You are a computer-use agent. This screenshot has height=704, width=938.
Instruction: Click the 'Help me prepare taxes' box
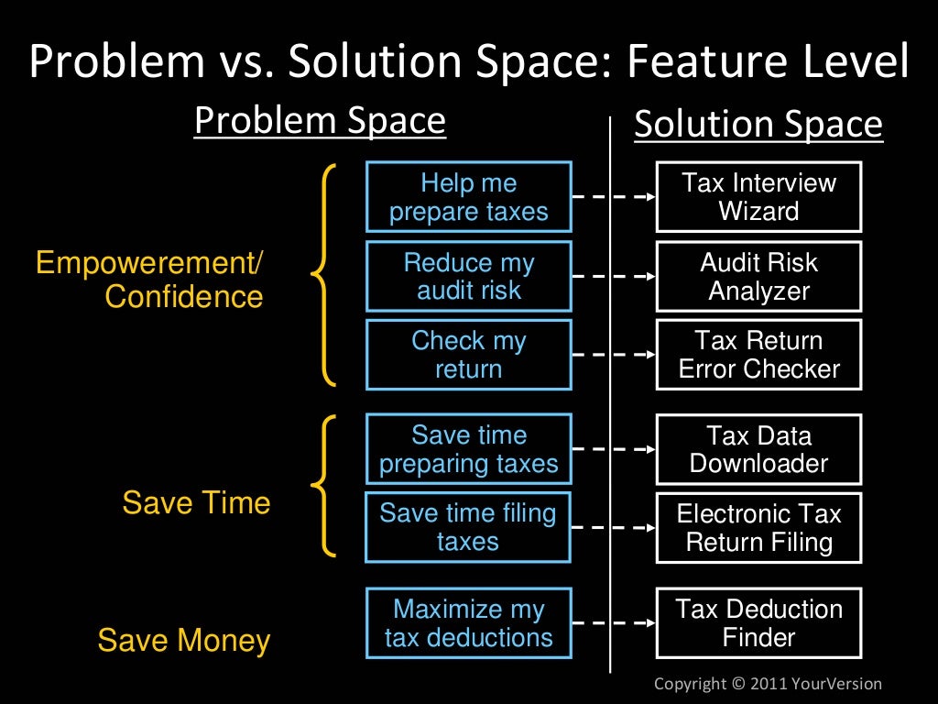[468, 197]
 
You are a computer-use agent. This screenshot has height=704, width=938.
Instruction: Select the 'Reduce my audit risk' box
[468, 276]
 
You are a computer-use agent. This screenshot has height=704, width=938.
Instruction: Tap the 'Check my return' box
[468, 355]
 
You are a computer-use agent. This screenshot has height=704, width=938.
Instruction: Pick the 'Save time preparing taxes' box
[468, 449]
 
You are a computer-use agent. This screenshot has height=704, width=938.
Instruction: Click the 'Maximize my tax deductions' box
[468, 623]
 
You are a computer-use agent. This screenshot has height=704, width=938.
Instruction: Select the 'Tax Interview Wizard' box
[758, 197]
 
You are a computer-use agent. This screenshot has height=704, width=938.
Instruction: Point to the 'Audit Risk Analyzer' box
[758, 276]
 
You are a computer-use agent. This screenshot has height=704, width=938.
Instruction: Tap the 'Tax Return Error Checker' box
[758, 355]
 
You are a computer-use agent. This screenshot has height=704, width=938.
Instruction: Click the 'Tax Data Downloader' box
[758, 449]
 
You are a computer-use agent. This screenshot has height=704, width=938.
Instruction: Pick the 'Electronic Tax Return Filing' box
[758, 527]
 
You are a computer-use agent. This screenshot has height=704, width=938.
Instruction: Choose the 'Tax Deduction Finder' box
[758, 623]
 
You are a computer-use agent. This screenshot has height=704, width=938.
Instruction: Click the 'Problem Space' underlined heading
[320, 122]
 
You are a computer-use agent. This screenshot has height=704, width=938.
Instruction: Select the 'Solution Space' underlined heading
[758, 126]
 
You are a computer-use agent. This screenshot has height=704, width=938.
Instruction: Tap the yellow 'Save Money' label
[184, 641]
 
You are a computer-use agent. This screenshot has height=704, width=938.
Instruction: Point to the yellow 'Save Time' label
[196, 503]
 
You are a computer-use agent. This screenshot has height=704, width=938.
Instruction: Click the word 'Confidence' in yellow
[184, 297]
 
